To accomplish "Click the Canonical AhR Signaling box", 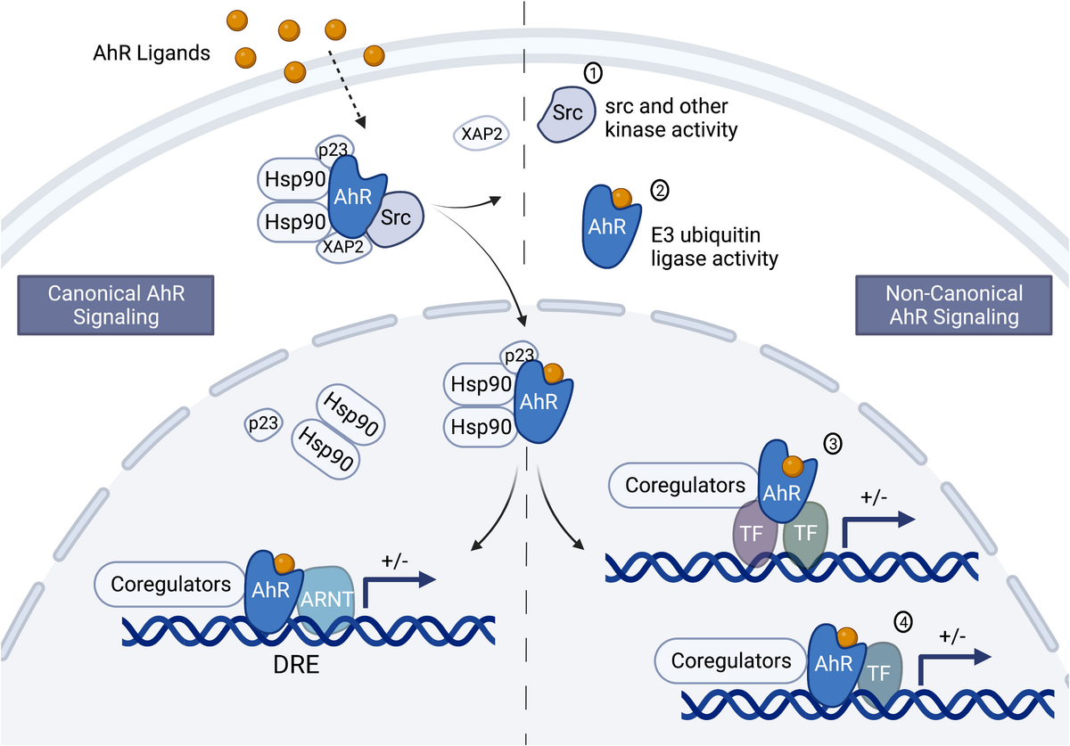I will [116, 305].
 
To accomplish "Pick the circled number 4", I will [904, 624].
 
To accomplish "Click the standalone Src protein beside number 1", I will [565, 114].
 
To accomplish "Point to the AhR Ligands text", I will [152, 53].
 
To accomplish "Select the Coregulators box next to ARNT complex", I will [169, 585].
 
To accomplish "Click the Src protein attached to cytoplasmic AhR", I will [395, 217].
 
